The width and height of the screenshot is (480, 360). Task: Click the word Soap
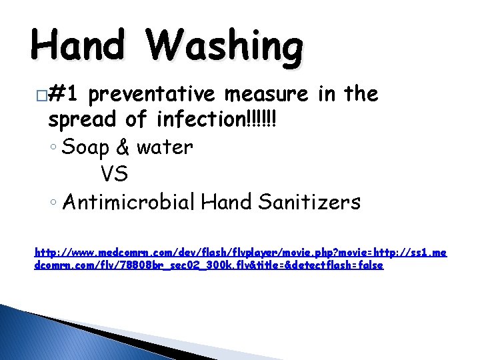pos(85,147)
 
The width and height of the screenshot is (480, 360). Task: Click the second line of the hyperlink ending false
pos(209,265)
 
